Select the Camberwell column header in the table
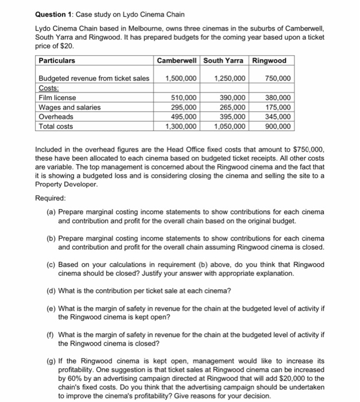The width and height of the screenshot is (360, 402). [176, 60]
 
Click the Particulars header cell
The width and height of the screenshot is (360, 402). [57, 60]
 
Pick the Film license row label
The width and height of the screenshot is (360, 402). [57, 98]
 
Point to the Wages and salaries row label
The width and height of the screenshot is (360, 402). [69, 107]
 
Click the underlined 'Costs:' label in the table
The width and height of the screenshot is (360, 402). [49, 87]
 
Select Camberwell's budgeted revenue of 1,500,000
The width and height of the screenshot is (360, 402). [181, 78]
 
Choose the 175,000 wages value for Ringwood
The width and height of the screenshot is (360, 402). [278, 107]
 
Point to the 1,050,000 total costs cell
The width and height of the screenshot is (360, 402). [230, 126]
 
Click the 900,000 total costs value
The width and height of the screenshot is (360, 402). [278, 126]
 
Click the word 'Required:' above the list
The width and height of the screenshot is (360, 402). [51, 196]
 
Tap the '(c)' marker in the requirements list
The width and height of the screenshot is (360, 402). [52, 264]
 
